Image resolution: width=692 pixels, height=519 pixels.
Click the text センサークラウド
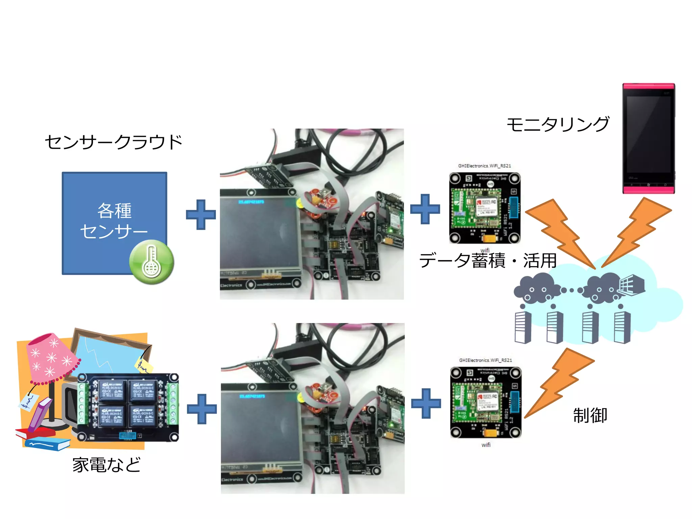[114, 142]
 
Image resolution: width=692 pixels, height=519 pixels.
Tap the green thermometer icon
[152, 262]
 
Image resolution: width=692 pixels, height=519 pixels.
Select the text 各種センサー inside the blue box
[114, 221]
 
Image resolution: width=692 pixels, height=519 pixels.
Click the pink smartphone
[648, 139]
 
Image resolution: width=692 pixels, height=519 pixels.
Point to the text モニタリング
[558, 124]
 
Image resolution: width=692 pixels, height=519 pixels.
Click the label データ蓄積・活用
[488, 261]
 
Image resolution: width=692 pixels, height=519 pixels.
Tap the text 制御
[590, 415]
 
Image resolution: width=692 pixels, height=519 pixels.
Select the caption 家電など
[106, 465]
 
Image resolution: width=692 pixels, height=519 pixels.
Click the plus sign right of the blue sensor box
[201, 215]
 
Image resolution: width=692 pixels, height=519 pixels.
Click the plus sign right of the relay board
[202, 409]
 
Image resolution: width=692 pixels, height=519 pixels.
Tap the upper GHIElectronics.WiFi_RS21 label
[484, 166]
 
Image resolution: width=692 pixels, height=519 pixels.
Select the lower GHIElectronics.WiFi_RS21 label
[485, 360]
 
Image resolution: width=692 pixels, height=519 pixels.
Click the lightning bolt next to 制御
[559, 384]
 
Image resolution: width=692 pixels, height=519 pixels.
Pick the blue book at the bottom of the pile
[47, 444]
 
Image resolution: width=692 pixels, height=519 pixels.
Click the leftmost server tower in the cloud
[523, 327]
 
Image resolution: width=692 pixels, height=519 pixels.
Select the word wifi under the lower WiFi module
[486, 445]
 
